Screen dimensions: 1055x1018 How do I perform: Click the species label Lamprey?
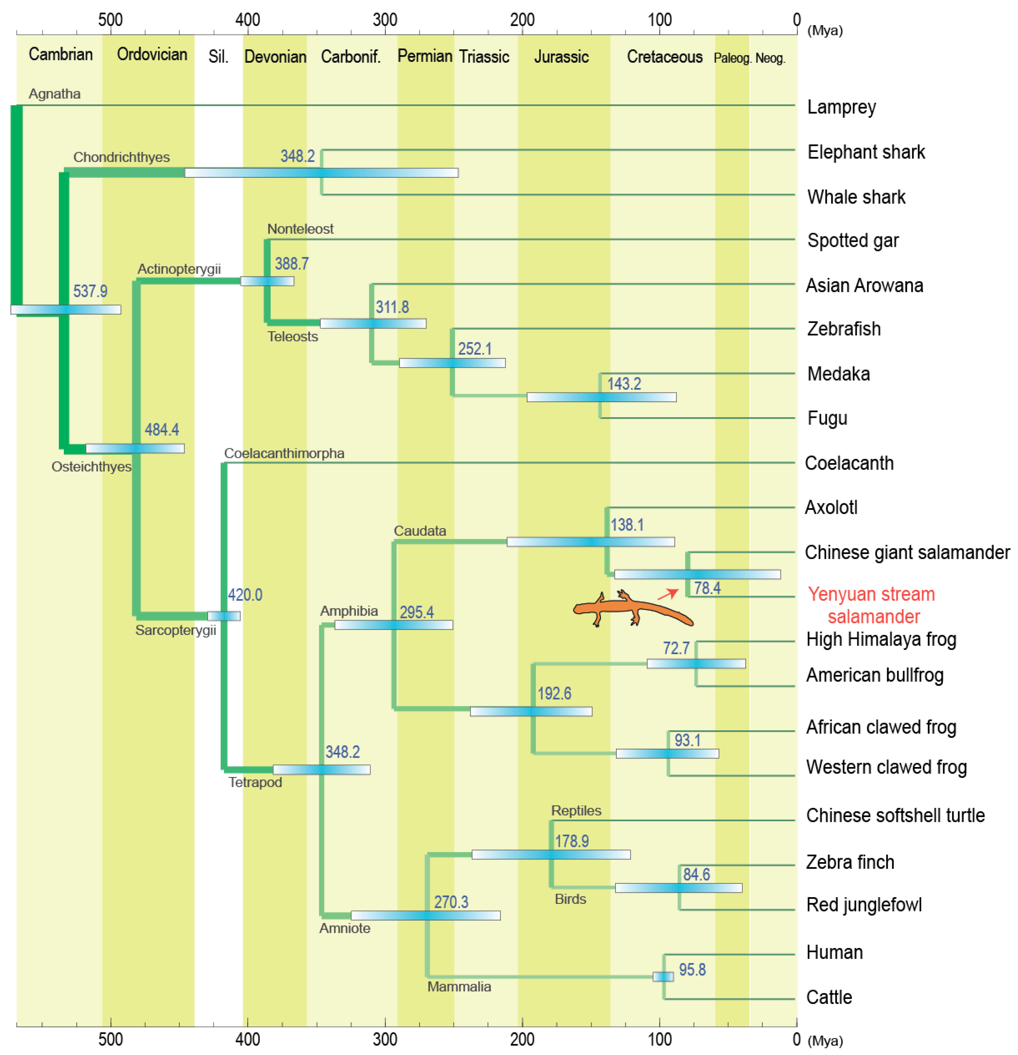tap(841, 107)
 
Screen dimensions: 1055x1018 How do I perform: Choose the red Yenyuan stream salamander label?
tap(872, 605)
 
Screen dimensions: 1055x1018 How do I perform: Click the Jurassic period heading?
tap(561, 56)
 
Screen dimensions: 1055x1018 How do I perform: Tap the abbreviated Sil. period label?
tap(218, 56)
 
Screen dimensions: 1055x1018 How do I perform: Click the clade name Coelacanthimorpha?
tap(284, 453)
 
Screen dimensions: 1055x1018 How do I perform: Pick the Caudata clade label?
tap(420, 531)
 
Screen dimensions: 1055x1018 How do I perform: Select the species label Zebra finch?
tap(849, 862)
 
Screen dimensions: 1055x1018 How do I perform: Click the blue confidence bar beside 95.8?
tap(662, 976)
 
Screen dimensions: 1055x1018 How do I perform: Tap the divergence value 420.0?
tap(245, 595)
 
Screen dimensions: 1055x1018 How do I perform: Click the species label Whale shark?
tap(856, 197)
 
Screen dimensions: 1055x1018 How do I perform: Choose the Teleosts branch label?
tap(293, 337)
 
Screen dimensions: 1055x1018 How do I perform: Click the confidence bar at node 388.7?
tap(267, 281)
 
